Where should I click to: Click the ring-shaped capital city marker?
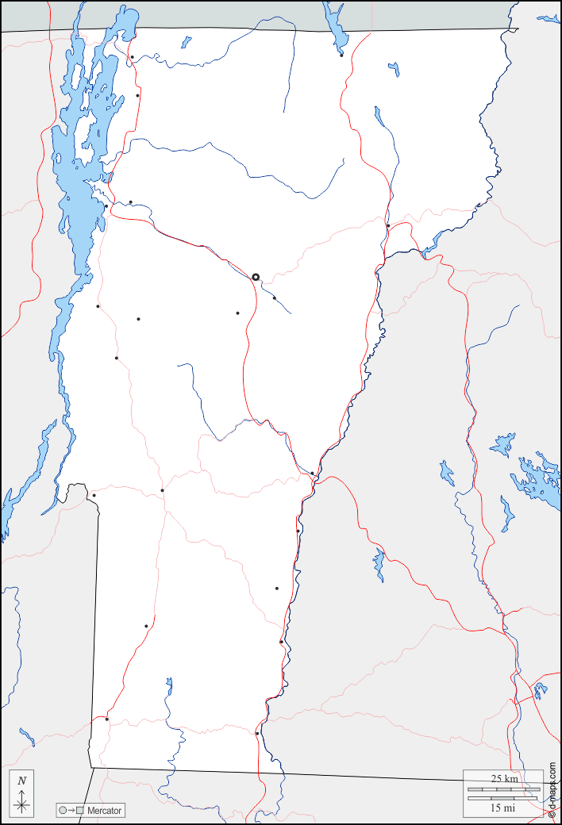pyautogui.click(x=256, y=277)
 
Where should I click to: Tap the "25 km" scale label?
pyautogui.click(x=505, y=779)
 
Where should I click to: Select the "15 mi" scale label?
pyautogui.click(x=502, y=808)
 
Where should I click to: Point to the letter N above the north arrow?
pyautogui.click(x=22, y=781)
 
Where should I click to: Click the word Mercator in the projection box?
pyautogui.click(x=105, y=811)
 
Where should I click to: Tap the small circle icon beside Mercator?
pyautogui.click(x=62, y=811)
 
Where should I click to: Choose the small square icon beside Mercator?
pyautogui.click(x=79, y=811)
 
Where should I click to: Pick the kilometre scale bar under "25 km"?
pyautogui.click(x=504, y=789)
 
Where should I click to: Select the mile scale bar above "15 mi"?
pyautogui.click(x=500, y=798)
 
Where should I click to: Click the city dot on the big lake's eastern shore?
pyautogui.click(x=106, y=206)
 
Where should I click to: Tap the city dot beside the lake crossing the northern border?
pyautogui.click(x=341, y=55)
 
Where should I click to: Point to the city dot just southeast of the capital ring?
pyautogui.click(x=275, y=297)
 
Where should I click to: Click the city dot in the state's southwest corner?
pyautogui.click(x=107, y=719)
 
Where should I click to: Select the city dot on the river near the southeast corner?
pyautogui.click(x=257, y=734)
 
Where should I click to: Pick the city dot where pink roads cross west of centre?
pyautogui.click(x=163, y=490)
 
